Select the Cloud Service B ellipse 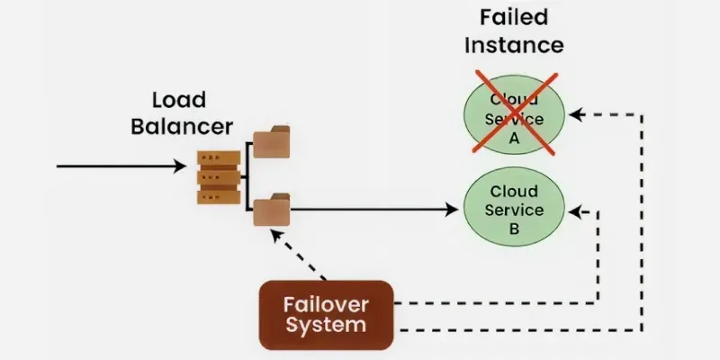pyautogui.click(x=514, y=210)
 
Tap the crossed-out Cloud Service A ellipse pyautogui.click(x=514, y=116)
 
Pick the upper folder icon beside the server pyautogui.click(x=270, y=144)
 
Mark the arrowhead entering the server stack pyautogui.click(x=190, y=166)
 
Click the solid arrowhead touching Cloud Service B pyautogui.click(x=454, y=211)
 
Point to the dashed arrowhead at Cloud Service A pyautogui.click(x=576, y=115)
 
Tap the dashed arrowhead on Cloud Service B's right pyautogui.click(x=576, y=213)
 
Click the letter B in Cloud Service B pyautogui.click(x=514, y=229)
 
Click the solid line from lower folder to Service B pyautogui.click(x=369, y=211)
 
